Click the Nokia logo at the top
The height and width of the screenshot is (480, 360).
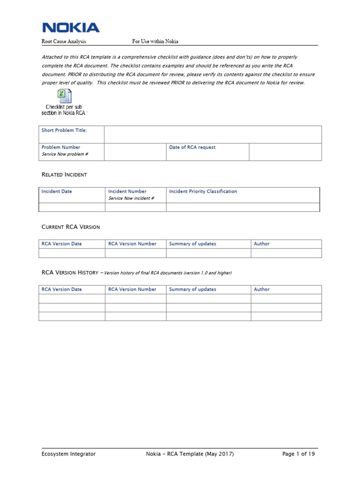click(x=71, y=27)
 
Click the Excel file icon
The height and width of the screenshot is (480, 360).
click(x=64, y=96)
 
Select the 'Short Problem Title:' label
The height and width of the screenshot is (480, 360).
click(x=64, y=130)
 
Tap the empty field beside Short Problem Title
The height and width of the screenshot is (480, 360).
click(x=213, y=134)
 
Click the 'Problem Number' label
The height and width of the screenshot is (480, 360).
click(x=61, y=147)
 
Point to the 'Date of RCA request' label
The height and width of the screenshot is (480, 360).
click(x=192, y=147)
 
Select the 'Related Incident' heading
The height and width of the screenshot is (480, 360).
click(x=64, y=174)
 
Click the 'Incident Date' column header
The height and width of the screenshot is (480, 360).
click(x=57, y=191)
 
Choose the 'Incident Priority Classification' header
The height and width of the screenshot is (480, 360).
click(x=203, y=191)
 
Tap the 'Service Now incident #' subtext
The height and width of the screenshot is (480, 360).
click(x=131, y=198)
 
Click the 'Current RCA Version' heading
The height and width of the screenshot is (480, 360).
click(x=71, y=227)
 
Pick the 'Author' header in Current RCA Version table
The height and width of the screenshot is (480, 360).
click(x=262, y=244)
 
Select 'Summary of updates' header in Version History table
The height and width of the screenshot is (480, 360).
click(x=193, y=289)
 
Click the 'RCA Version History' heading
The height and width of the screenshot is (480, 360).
click(x=70, y=272)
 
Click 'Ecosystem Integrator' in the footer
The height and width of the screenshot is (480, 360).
click(x=68, y=454)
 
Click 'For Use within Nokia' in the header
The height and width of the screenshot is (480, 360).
click(x=155, y=41)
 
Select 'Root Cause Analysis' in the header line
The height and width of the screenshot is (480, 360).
click(x=64, y=41)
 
